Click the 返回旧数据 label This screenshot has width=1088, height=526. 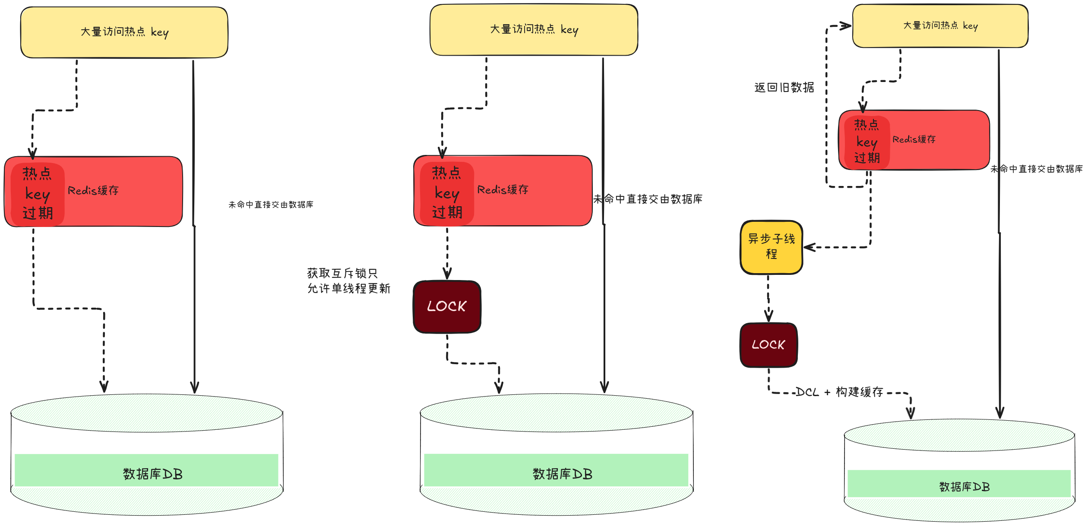(784, 88)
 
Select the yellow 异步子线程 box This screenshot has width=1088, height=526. (772, 247)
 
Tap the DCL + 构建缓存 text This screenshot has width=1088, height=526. (839, 392)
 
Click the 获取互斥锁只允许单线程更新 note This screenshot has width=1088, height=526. (348, 280)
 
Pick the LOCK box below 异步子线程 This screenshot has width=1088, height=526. (769, 345)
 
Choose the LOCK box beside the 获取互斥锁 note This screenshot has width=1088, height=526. (447, 306)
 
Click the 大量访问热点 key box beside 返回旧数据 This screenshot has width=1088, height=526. (940, 26)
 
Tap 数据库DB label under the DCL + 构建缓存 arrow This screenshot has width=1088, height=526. (964, 487)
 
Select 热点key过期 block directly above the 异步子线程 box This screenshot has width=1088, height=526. (867, 141)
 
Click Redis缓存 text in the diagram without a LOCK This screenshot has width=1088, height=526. (93, 190)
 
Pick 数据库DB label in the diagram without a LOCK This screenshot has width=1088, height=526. (153, 474)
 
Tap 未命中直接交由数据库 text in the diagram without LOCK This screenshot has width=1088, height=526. (271, 205)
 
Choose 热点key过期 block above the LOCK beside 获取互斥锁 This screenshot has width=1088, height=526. (447, 192)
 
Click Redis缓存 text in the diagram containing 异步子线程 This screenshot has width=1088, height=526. (914, 139)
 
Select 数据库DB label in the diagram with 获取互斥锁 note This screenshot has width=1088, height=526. (562, 474)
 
